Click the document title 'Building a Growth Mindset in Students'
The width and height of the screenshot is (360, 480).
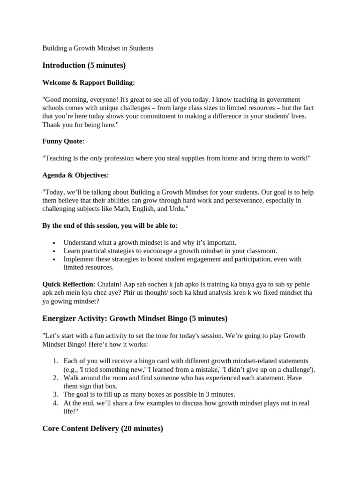click(97, 48)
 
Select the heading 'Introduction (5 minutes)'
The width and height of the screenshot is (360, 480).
click(84, 65)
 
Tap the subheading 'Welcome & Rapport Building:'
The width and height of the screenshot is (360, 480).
click(88, 82)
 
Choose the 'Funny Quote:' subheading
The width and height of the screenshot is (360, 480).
click(63, 141)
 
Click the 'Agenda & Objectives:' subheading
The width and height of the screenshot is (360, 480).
click(75, 175)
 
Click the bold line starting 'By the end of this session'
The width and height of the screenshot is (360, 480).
click(110, 225)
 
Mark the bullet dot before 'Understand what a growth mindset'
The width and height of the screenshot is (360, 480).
click(54, 243)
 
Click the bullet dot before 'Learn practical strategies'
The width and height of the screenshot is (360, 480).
click(54, 251)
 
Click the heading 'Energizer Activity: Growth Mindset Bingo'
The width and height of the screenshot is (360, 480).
click(135, 319)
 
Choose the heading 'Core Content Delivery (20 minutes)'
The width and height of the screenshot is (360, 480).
click(103, 428)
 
